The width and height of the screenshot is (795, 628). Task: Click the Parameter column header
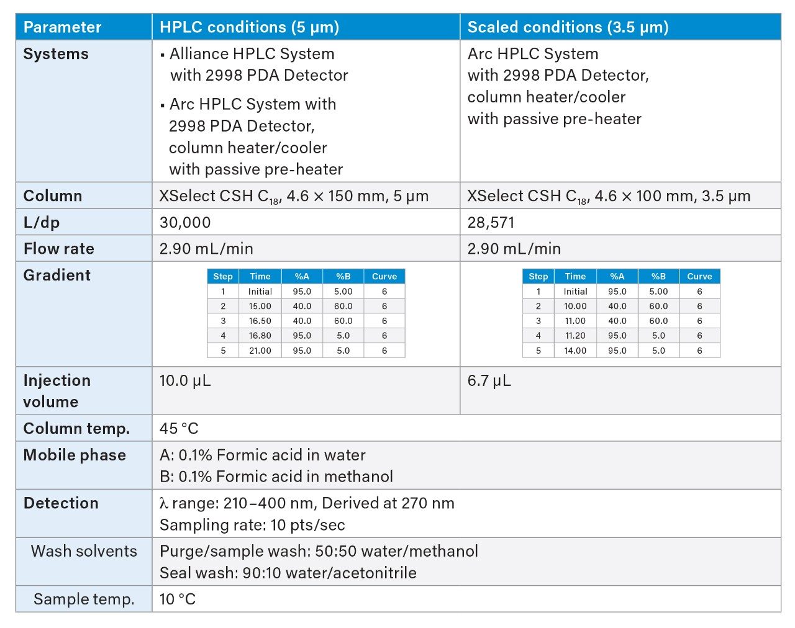click(x=62, y=27)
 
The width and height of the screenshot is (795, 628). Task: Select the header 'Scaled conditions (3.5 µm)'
click(x=568, y=27)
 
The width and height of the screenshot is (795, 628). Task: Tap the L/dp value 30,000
click(x=185, y=222)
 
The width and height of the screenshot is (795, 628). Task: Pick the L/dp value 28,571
click(x=491, y=222)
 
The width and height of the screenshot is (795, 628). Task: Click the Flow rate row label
click(x=58, y=249)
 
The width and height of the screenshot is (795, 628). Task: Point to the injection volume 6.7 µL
click(x=489, y=380)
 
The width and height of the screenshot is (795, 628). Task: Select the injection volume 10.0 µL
click(x=185, y=380)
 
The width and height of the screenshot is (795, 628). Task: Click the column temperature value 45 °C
click(x=179, y=428)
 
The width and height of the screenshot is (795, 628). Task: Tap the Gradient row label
click(x=57, y=275)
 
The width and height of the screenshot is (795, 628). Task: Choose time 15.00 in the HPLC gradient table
click(x=260, y=306)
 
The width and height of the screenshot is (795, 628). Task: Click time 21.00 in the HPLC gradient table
click(x=260, y=351)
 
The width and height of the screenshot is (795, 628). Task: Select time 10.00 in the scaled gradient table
click(x=575, y=306)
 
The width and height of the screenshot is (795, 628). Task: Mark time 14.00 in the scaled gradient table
click(x=575, y=351)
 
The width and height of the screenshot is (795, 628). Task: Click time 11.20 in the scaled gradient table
click(x=575, y=336)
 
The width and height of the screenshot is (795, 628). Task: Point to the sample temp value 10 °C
click(x=178, y=599)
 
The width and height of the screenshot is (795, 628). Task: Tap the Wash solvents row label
click(x=84, y=551)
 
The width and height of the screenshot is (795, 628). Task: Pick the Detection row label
click(x=61, y=503)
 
